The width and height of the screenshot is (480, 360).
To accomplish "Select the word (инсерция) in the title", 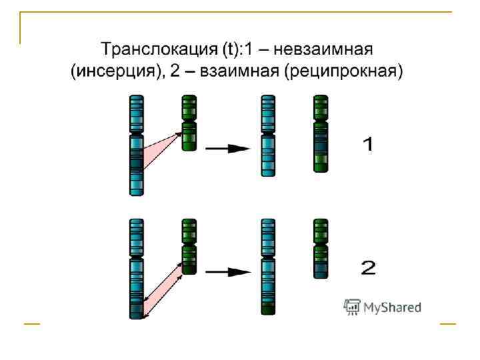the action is tap(117, 71).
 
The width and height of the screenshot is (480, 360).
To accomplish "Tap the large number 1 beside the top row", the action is tap(367, 144).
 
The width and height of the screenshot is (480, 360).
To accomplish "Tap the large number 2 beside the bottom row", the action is tap(368, 269).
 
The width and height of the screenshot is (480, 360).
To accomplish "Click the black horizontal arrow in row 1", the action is tap(227, 149).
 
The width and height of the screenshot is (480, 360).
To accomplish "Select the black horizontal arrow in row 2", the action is tap(227, 272).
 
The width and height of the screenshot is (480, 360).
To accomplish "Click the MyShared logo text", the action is tap(393, 307).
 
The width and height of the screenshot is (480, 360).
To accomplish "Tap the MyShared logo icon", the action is tap(352, 307).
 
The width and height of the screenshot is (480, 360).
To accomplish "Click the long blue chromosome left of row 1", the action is tap(136, 144).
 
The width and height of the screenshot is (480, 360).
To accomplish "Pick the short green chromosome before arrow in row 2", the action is tap(189, 247).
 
